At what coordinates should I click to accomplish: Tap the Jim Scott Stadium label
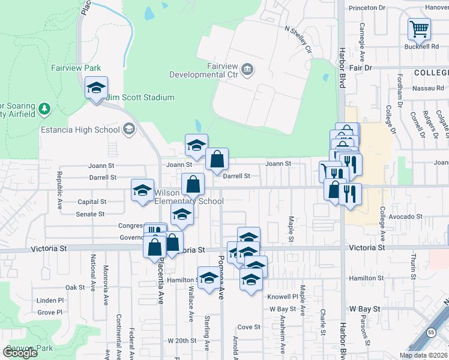tap(136, 96)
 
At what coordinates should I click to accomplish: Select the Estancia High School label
tap(80, 130)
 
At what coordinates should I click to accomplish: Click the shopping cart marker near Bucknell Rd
tap(419, 29)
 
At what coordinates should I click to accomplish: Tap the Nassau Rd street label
tap(427, 88)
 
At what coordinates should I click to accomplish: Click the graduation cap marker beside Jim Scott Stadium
tap(96, 89)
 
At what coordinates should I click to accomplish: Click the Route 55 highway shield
tap(432, 332)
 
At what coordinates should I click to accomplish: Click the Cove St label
tap(249, 327)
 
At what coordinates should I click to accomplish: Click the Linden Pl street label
tap(50, 300)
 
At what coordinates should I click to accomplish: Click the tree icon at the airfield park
tap(44, 109)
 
